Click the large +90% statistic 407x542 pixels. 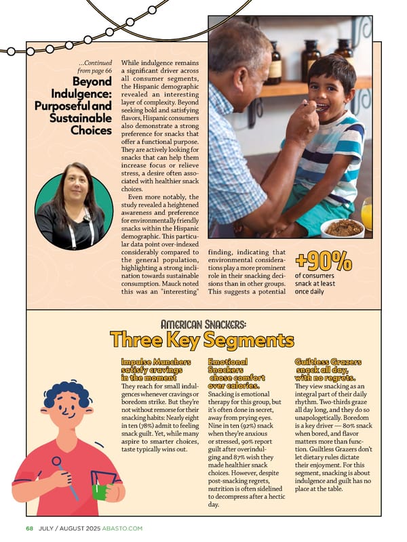point(323,260)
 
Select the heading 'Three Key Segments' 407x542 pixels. point(201,339)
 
